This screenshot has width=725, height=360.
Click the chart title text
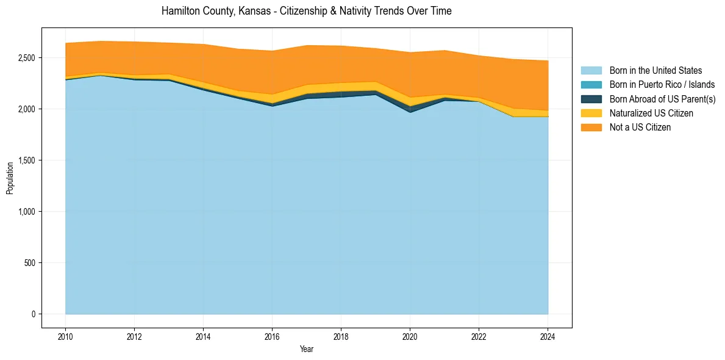306,11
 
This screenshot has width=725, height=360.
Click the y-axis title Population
10,178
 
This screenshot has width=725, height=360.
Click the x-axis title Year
306,349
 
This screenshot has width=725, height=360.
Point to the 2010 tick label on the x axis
65,336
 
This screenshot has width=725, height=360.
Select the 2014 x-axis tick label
203,336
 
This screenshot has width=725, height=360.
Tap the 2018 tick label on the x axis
341,336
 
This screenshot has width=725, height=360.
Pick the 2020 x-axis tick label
410,336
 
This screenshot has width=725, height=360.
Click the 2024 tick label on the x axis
548,336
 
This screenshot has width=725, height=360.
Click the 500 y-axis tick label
30,263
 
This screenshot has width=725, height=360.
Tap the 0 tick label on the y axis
34,314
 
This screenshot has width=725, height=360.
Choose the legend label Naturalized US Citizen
651,113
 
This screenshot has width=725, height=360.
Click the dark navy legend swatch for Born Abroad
591,99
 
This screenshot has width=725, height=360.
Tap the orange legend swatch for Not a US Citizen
591,127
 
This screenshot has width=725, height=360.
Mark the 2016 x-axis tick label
272,336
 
